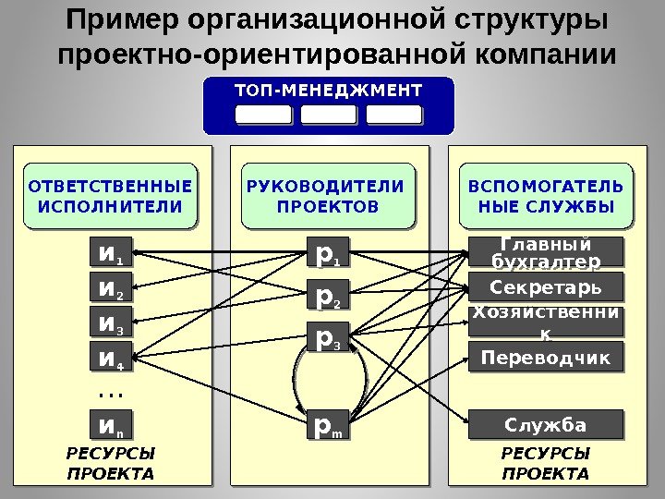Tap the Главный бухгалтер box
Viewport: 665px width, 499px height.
pyautogui.click(x=545, y=253)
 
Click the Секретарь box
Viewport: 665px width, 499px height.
pyautogui.click(x=545, y=286)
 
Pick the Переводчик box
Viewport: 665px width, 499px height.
pyautogui.click(x=545, y=357)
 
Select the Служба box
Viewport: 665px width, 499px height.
pyautogui.click(x=545, y=426)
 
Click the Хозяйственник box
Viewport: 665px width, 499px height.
pyautogui.click(x=545, y=322)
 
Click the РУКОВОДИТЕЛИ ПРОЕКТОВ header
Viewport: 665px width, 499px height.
pyautogui.click(x=327, y=196)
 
